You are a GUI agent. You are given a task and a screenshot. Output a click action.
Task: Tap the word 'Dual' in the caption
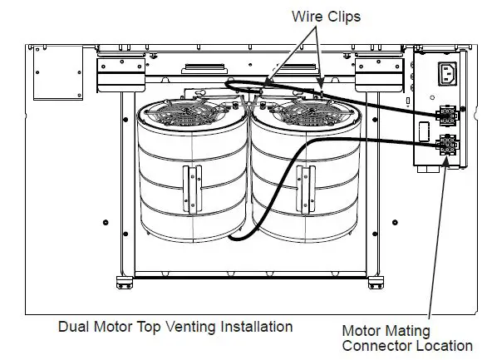pyautogui.click(x=73, y=327)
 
